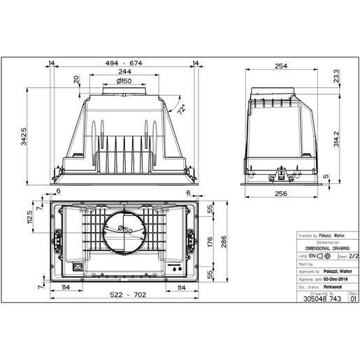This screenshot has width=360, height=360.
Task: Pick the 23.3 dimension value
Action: (x=337, y=77)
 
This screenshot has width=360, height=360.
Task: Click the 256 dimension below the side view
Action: (x=282, y=195)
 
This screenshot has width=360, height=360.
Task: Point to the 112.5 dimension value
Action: (x=30, y=217)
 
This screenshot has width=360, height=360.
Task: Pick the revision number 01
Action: (x=352, y=298)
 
